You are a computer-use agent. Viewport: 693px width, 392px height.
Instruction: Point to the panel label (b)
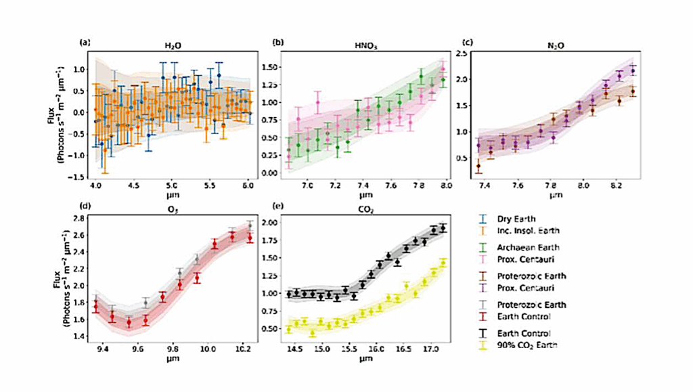(277, 42)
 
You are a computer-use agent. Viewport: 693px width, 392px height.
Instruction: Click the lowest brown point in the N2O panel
(479, 166)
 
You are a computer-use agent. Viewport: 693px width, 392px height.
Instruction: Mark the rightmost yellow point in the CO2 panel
(444, 263)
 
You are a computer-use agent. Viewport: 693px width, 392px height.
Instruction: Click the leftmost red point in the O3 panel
(95, 307)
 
